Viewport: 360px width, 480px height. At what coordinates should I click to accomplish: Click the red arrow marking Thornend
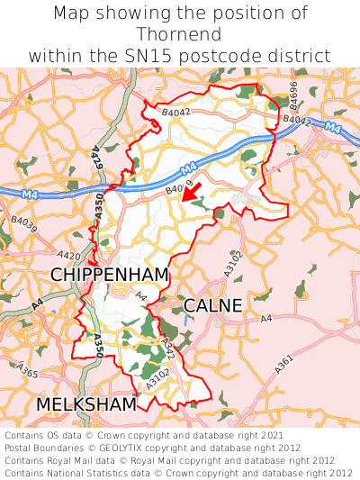coord(190,193)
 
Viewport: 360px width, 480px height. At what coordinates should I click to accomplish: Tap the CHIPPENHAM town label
coord(110,274)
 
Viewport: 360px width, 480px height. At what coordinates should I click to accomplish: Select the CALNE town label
coord(212,306)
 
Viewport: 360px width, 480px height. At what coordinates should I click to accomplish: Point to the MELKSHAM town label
coord(86,404)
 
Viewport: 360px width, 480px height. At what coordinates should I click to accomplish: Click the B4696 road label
coord(293,94)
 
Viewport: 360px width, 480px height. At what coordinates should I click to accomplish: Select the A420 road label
coord(68,256)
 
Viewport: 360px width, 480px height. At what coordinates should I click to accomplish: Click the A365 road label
coord(28,373)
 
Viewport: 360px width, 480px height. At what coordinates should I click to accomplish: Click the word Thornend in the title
coord(180,34)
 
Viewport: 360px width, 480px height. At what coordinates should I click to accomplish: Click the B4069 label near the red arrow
coord(179,190)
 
